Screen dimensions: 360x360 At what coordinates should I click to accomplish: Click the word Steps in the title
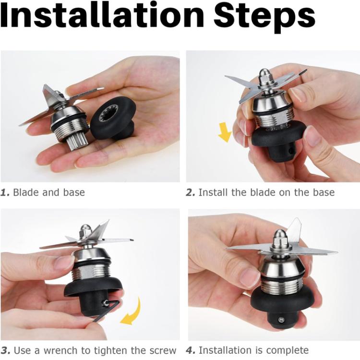pos(264,18)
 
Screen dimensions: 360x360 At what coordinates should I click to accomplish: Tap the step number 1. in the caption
pos(5,192)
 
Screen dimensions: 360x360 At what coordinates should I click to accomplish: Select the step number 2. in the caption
pos(191,192)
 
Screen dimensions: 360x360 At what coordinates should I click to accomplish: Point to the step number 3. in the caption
pos(5,350)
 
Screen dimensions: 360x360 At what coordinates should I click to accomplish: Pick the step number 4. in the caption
pos(191,350)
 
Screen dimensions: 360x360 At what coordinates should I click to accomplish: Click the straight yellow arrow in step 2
pos(225,132)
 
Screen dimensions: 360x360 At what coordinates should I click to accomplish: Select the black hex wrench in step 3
pos(108,310)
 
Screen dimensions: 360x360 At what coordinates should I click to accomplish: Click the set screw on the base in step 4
pos(281,319)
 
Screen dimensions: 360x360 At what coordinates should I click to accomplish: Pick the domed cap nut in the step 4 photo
pos(279,238)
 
